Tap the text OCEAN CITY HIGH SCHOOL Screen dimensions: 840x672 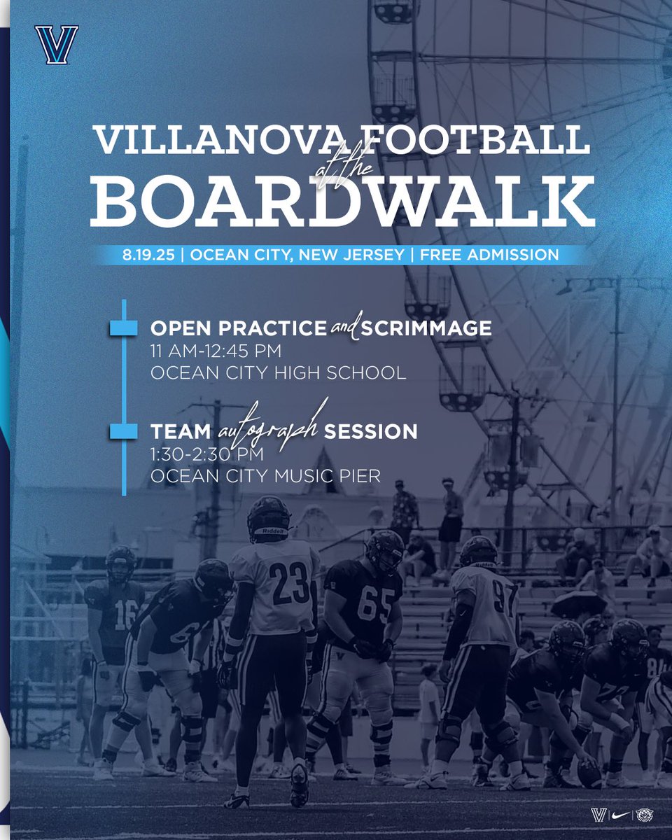pos(278,372)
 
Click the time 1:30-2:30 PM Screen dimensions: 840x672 pos(207,454)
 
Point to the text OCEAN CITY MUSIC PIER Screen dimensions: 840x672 pos(266,476)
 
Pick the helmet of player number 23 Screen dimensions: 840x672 pos(269,518)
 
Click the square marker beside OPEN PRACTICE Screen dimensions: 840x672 pos(123,328)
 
